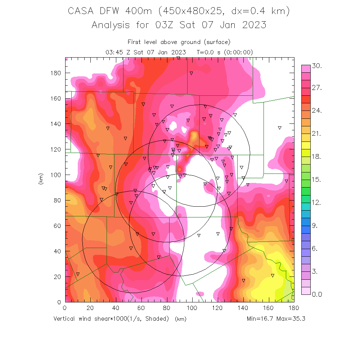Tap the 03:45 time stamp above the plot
click(x=113, y=52)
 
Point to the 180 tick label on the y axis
click(x=56, y=73)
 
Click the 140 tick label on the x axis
click(x=243, y=309)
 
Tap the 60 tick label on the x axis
click(x=141, y=309)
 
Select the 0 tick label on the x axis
click(x=65, y=309)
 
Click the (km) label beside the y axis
click(x=41, y=179)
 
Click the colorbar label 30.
click(x=317, y=66)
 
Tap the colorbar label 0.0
click(x=317, y=294)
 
